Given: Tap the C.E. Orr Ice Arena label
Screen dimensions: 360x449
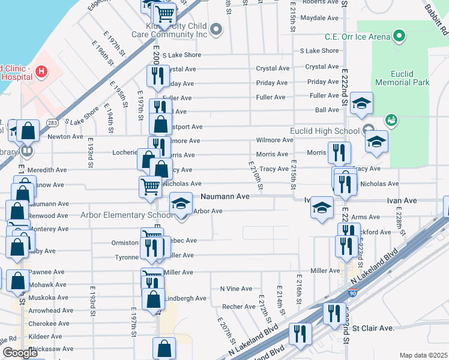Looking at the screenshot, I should coord(357,36).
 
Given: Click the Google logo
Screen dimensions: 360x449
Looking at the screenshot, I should coord(20,353).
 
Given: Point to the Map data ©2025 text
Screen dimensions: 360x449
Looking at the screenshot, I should coord(423,355).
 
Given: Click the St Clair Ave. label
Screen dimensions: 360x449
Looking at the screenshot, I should coord(373,328).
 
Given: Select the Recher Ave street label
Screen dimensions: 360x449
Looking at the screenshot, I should coord(239,307).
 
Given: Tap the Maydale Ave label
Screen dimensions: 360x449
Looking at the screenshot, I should coord(319,18).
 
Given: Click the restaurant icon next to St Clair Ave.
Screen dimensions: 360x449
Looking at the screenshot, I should coord(334,313).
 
